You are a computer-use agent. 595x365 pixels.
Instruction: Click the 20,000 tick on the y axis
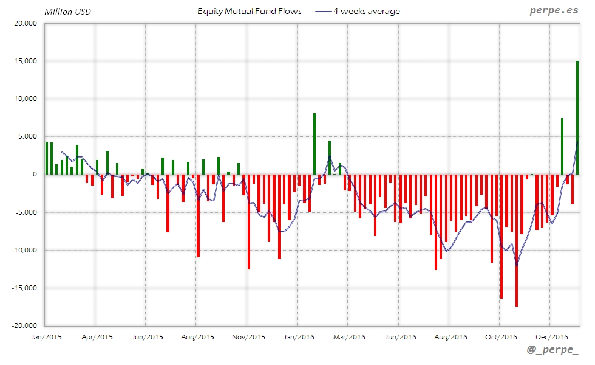[x=25, y=24]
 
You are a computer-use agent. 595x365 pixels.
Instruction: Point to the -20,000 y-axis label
[x=24, y=325]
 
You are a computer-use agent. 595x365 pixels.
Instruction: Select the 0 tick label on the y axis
[x=34, y=175]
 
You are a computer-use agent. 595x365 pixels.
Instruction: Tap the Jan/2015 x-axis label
[x=46, y=336]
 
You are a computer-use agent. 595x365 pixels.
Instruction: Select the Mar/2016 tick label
[x=348, y=336]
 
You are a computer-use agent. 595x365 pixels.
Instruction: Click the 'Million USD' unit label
[x=67, y=12]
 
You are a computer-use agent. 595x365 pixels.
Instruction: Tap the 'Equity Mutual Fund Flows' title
[x=250, y=12]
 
